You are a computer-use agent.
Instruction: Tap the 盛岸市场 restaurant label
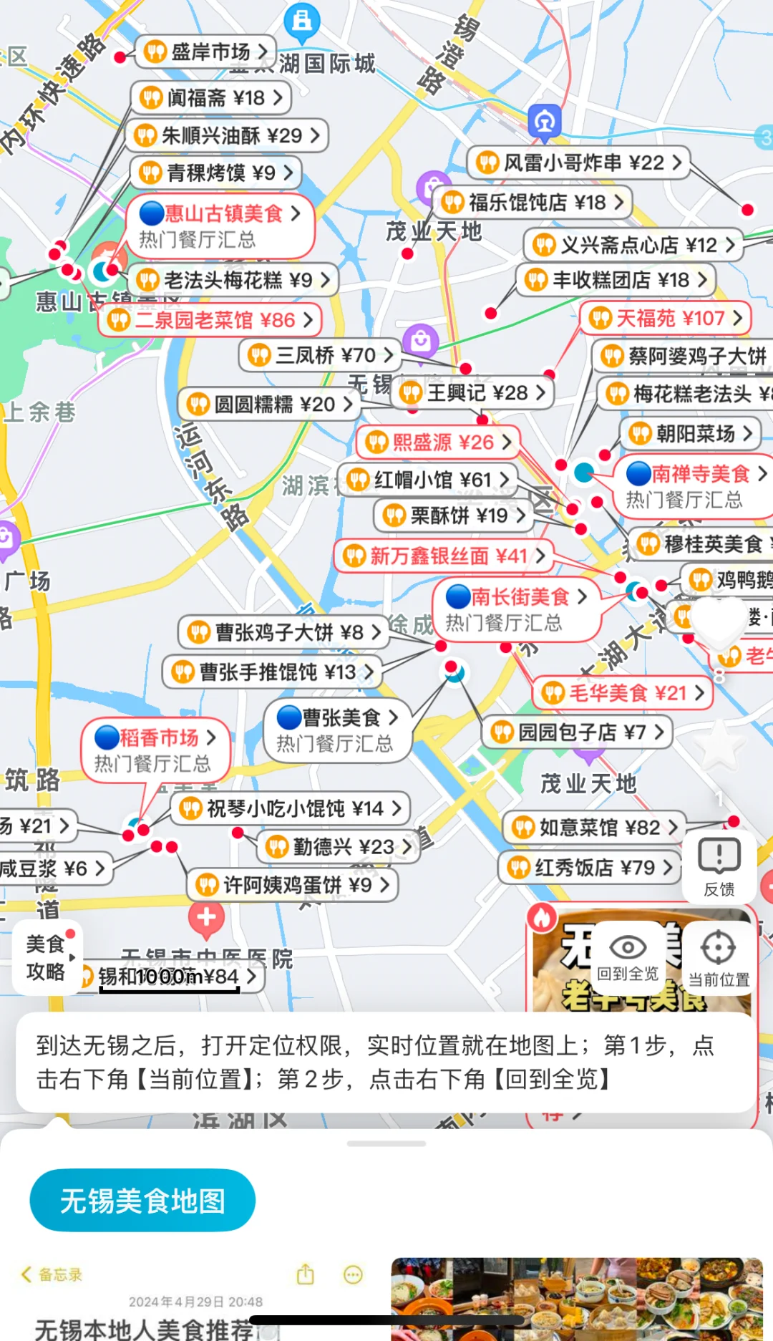205,52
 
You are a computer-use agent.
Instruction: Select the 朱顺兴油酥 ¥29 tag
227,135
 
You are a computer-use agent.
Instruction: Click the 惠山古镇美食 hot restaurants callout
220,226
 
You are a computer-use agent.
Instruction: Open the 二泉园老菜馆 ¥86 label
211,320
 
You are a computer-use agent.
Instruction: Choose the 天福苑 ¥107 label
666,318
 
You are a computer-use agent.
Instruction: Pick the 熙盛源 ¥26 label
438,442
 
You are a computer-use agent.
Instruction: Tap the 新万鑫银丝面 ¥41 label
444,556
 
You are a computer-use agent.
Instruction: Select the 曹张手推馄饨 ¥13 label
272,672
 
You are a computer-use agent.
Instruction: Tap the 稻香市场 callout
156,750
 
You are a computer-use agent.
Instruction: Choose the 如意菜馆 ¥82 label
594,828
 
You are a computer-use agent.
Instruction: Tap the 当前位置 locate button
719,958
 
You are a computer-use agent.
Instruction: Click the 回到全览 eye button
628,958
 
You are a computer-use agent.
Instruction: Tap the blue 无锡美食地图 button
142,1201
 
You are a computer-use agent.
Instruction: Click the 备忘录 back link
52,1274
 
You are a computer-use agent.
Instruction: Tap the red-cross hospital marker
206,916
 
